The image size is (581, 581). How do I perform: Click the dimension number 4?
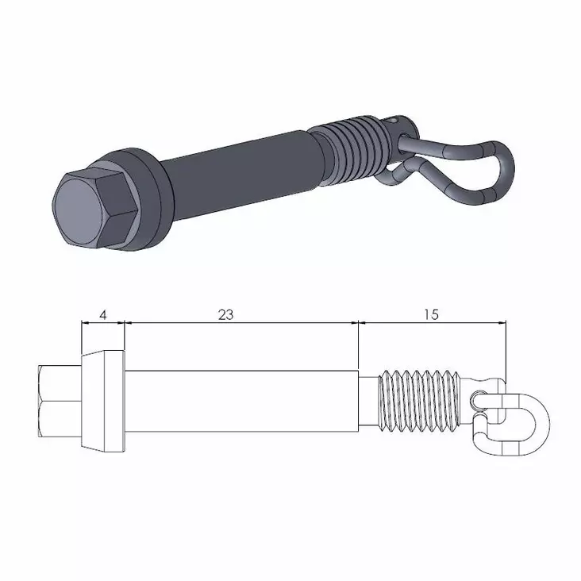pos(103,314)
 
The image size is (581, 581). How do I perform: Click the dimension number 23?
pos(226,314)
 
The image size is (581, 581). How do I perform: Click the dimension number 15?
pos(431,314)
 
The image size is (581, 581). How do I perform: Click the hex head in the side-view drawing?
pos(60,401)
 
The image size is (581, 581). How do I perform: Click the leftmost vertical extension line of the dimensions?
pos(82,337)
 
